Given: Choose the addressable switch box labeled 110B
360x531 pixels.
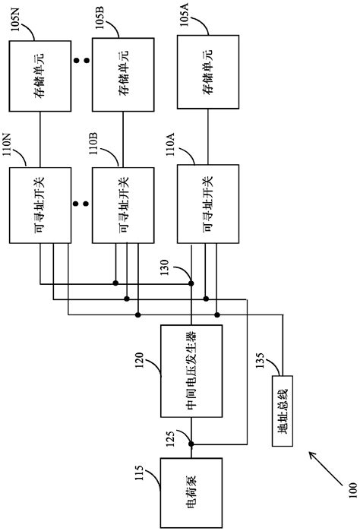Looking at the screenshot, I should pyautogui.click(x=120, y=206).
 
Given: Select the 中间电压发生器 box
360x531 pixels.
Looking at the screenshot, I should pyautogui.click(x=191, y=371).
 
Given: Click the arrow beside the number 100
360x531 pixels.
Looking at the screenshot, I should pyautogui.click(x=321, y=464).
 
